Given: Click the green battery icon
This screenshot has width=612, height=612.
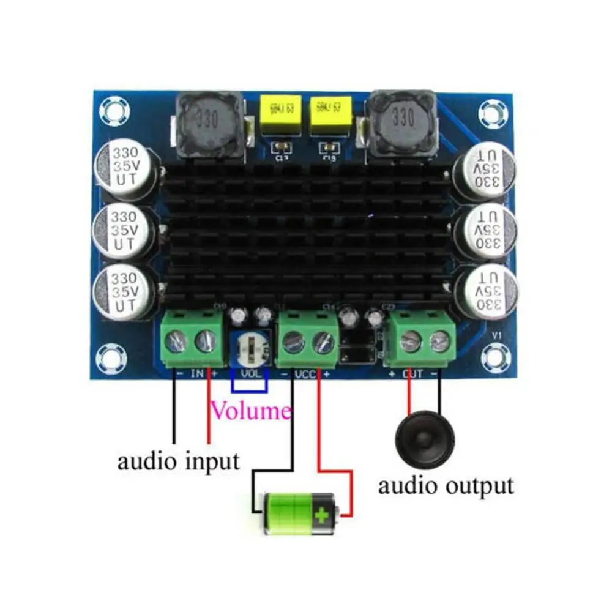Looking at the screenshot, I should click(300, 513).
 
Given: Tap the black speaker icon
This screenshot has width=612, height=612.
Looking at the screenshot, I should click(426, 438).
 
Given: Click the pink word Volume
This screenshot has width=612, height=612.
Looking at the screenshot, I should click(251, 411).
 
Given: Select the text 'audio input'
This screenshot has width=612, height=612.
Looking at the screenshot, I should click(178, 460).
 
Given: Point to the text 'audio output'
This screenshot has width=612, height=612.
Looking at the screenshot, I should click(445, 486).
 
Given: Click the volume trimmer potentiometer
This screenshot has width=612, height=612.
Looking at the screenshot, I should click(249, 346).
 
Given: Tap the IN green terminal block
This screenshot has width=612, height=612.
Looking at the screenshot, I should click(192, 339).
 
